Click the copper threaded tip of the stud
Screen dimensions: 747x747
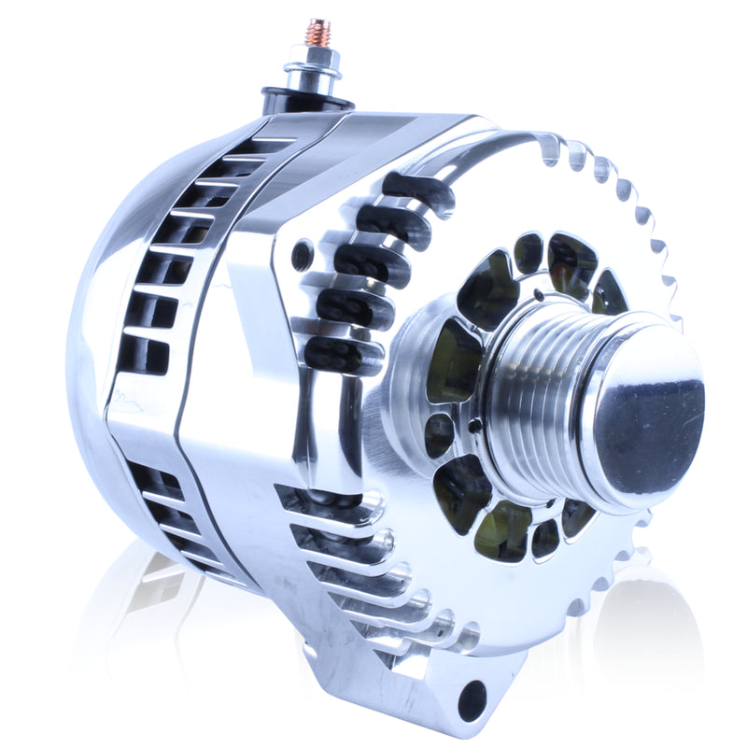[x=319, y=33]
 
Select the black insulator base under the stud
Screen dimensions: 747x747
[x=307, y=98]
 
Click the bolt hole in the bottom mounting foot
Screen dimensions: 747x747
[x=472, y=699]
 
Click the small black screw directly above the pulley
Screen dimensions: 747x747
[x=539, y=296]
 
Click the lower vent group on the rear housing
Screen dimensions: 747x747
[x=173, y=518]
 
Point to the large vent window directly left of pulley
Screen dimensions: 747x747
[x=454, y=360]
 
